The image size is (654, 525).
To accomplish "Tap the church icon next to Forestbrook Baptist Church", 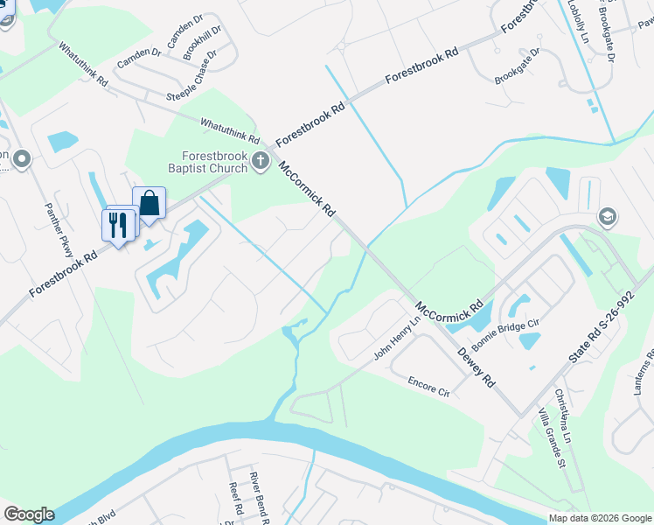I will coord(260,160).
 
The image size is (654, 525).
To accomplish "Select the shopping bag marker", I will coord(150,203).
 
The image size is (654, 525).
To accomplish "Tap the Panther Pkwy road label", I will coord(59,227).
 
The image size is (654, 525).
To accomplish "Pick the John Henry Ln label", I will coord(397,337).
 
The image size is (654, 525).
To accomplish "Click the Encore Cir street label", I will coord(428,386).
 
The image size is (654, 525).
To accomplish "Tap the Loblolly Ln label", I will coord(579,21).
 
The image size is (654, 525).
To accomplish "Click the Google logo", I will coord(29,514).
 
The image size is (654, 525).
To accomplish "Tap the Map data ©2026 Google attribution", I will coord(599,518).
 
